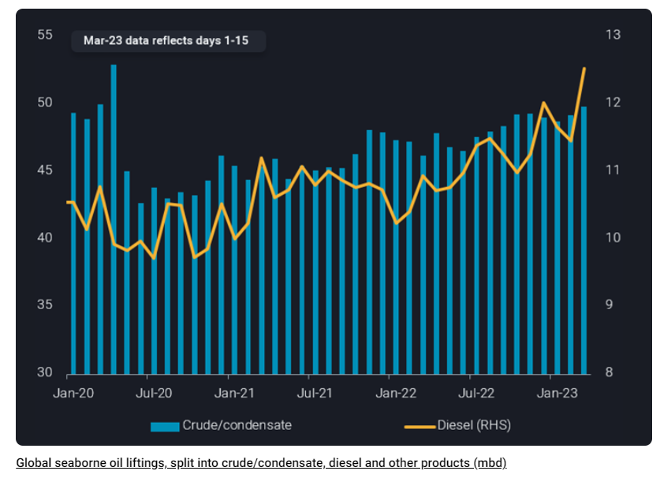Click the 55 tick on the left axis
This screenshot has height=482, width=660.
[x=45, y=35]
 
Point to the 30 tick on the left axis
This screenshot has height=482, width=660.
[x=45, y=372]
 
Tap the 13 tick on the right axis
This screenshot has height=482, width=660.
[x=613, y=35]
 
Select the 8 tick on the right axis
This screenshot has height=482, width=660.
[x=609, y=372]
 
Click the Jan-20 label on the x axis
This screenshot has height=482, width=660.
[x=72, y=391]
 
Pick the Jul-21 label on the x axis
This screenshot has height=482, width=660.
[x=314, y=391]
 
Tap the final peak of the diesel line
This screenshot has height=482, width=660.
[x=584, y=69]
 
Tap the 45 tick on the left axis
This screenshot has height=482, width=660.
[x=45, y=170]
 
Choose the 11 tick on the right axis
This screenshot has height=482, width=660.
[x=612, y=170]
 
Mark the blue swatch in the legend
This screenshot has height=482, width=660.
[x=165, y=426]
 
